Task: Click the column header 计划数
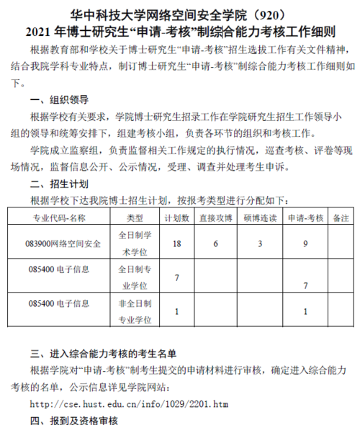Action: [x=176, y=217]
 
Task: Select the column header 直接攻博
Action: [x=215, y=217]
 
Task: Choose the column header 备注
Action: [x=342, y=217]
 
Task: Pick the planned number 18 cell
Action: [x=176, y=244]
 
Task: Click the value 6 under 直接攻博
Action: [x=215, y=244]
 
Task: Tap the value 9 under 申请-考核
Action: [x=306, y=244]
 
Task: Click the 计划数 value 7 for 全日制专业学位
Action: [x=176, y=277]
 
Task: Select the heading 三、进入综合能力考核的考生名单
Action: [x=103, y=354]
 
